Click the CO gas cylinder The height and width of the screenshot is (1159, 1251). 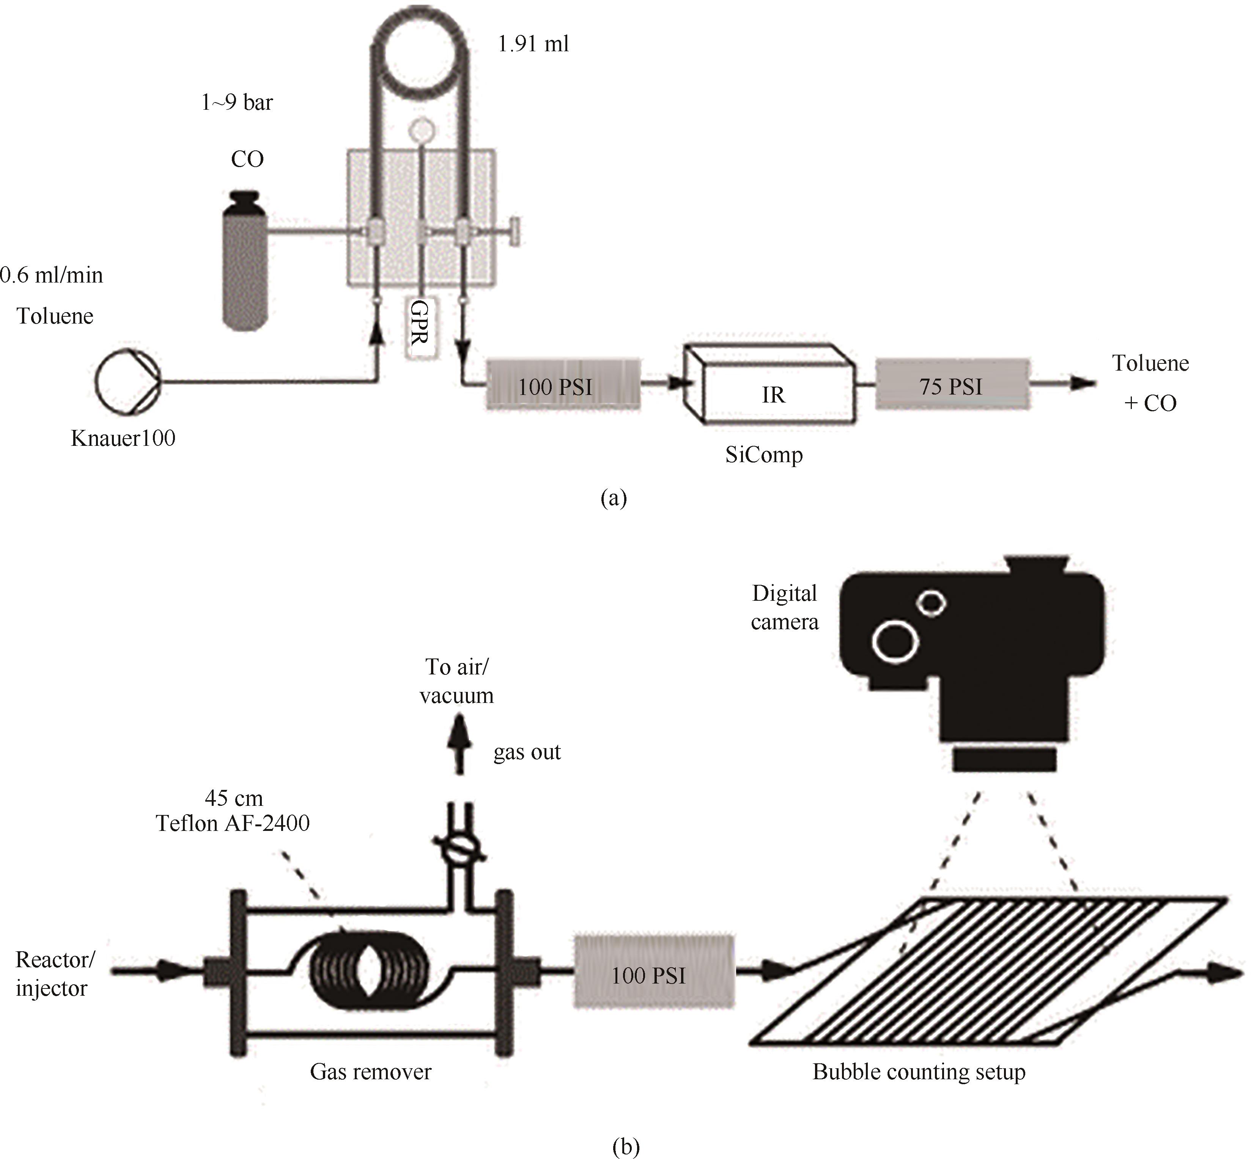(246, 260)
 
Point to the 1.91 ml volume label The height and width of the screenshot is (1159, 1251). (533, 44)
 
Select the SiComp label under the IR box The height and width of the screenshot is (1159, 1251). (764, 455)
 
